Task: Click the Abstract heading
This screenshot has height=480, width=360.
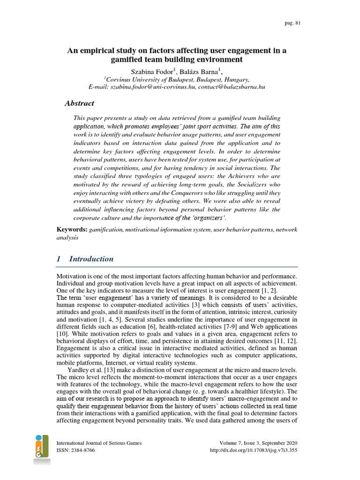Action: tap(79, 104)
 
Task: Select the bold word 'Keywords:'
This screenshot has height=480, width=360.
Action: tap(72, 229)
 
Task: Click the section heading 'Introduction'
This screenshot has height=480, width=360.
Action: tap(91, 259)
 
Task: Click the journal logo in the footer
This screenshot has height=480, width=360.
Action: tap(42, 449)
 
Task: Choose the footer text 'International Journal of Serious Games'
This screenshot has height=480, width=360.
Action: tap(98, 443)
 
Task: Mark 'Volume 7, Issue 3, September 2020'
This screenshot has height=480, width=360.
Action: tap(258, 443)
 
